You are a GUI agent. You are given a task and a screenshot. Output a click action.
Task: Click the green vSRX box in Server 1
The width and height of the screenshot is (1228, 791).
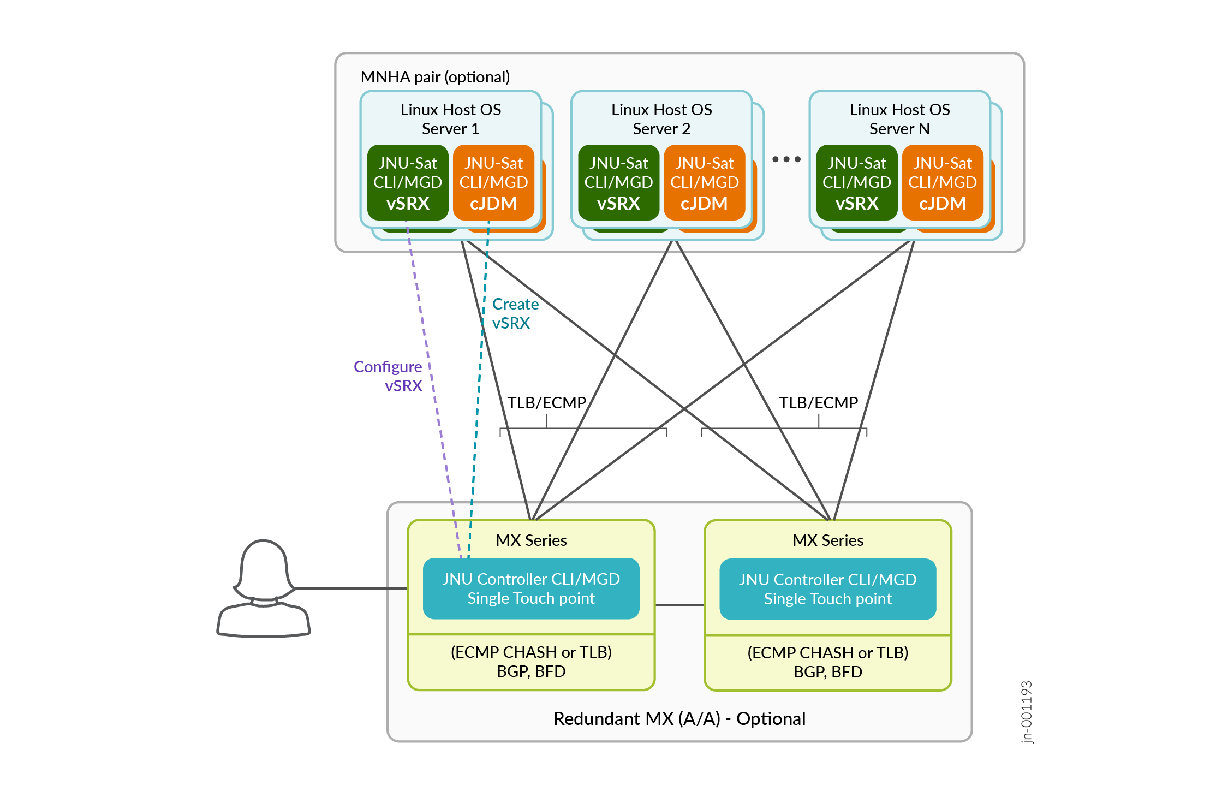pyautogui.click(x=408, y=182)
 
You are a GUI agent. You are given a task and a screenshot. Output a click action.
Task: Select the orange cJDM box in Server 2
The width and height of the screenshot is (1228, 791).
pyautogui.click(x=704, y=182)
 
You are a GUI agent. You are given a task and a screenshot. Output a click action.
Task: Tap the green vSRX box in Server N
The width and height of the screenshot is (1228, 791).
pyautogui.click(x=856, y=182)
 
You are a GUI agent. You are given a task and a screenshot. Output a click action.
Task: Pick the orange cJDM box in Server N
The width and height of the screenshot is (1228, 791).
pyautogui.click(x=943, y=182)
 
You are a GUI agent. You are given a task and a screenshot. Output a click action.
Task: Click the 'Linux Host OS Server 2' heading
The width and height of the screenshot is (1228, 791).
pyautogui.click(x=661, y=119)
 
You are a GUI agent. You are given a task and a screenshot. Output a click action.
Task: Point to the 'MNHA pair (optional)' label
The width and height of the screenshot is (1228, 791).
pyautogui.click(x=435, y=77)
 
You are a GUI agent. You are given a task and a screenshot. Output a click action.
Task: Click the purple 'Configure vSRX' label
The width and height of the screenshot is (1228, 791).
pyautogui.click(x=388, y=376)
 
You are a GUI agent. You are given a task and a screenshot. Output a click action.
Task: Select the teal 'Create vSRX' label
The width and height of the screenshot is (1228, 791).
pyautogui.click(x=515, y=313)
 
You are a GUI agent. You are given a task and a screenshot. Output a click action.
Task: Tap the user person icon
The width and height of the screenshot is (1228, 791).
pyautogui.click(x=264, y=590)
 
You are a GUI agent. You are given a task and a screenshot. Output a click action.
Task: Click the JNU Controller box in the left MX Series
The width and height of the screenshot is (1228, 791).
pyautogui.click(x=531, y=588)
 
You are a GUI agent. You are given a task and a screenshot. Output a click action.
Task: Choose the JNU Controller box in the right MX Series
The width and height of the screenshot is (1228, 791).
pyautogui.click(x=827, y=589)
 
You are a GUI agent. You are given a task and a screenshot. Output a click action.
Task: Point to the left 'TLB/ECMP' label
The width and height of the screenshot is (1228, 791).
pyautogui.click(x=547, y=403)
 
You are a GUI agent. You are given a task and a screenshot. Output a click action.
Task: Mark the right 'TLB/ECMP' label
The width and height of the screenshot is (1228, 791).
pyautogui.click(x=818, y=403)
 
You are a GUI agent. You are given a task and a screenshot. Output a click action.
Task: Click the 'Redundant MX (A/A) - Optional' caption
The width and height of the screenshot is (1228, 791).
pyautogui.click(x=679, y=718)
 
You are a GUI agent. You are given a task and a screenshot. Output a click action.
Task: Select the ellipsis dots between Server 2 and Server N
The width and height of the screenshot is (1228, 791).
pyautogui.click(x=786, y=159)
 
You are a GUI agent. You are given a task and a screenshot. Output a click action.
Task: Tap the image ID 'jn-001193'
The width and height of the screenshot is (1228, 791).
pyautogui.click(x=1027, y=712)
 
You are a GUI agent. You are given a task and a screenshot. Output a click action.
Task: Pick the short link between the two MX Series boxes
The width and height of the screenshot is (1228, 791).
pyautogui.click(x=679, y=605)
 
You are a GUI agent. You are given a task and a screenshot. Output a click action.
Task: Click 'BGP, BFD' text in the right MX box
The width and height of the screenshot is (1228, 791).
pyautogui.click(x=827, y=672)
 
